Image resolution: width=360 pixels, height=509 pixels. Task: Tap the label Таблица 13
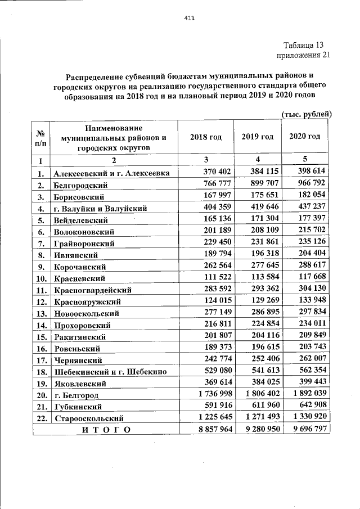point(304,45)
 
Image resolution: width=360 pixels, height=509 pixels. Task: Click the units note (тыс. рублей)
point(307,114)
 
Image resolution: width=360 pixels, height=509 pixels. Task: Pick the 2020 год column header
point(304,137)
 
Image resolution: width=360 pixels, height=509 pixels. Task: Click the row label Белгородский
point(82,184)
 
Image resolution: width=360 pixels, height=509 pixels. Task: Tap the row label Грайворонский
point(84,244)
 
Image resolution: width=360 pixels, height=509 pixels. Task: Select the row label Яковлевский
point(80,384)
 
